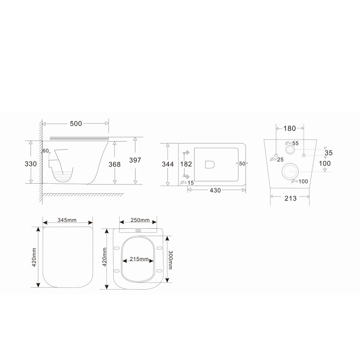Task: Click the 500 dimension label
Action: (x=76, y=124)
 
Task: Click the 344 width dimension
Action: (x=167, y=164)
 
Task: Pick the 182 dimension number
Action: (x=186, y=164)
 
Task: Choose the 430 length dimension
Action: (x=215, y=191)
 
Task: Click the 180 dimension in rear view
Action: (x=290, y=128)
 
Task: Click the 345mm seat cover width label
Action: (x=67, y=220)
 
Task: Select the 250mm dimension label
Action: (x=140, y=220)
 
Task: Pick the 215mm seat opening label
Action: (x=139, y=260)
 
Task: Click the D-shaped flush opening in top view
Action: (x=210, y=164)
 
